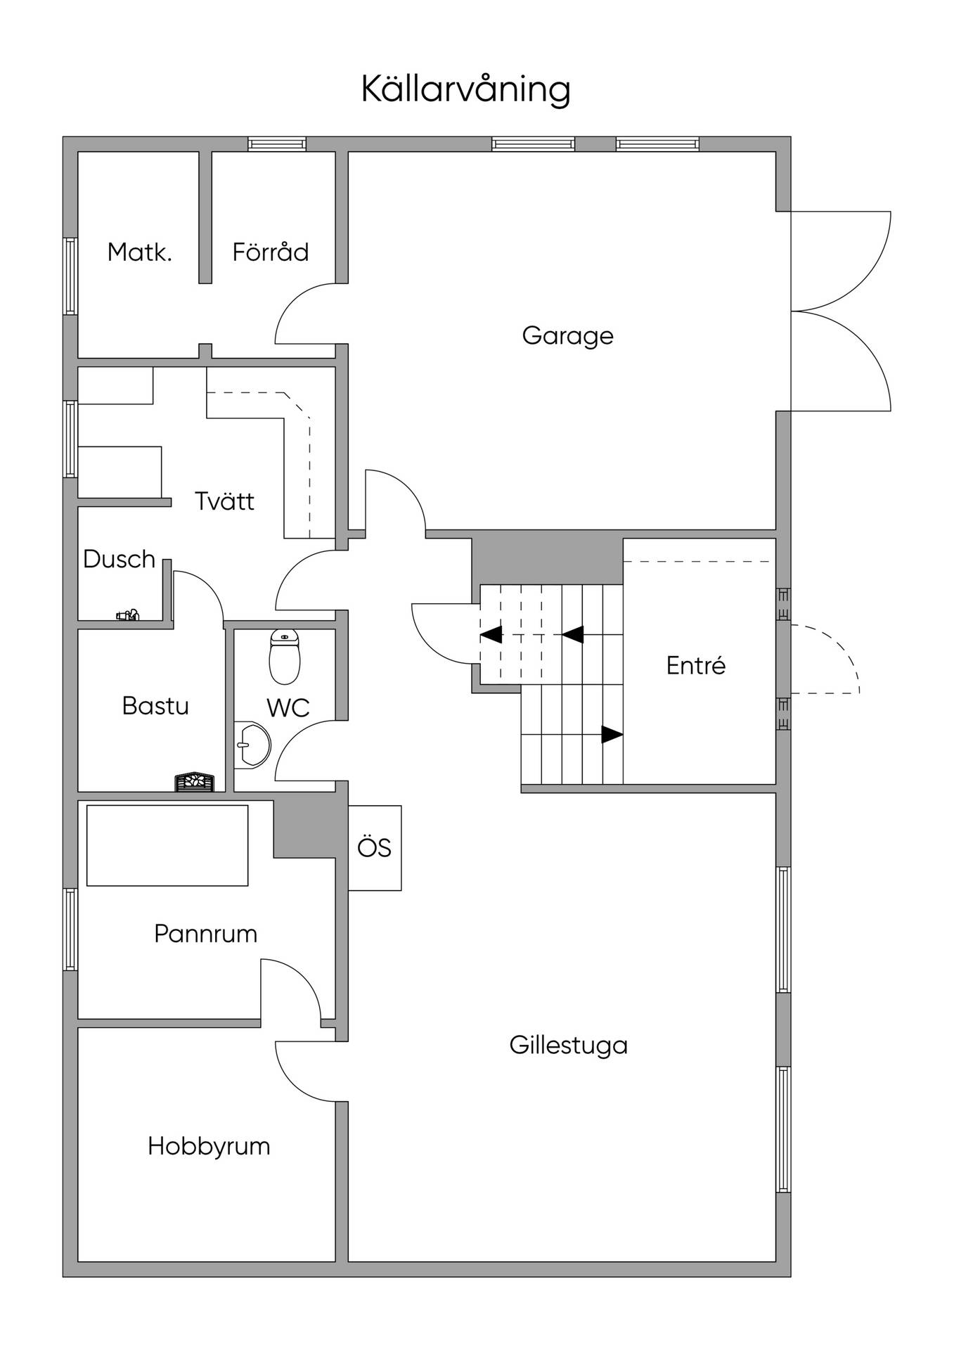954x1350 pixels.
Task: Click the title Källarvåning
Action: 465,89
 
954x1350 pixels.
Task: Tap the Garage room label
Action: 567,335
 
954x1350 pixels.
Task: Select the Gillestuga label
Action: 568,1045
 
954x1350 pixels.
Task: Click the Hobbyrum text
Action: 209,1147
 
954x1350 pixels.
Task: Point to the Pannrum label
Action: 205,934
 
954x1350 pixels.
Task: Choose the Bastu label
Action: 155,705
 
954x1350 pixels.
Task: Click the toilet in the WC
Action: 285,657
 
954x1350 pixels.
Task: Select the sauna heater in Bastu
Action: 195,782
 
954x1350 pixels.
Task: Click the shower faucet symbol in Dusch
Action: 128,615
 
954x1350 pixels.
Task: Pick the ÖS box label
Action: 374,848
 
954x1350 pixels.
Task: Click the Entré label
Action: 696,665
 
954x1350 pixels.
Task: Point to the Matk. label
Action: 139,252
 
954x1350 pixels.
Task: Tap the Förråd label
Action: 271,251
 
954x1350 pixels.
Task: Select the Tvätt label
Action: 224,501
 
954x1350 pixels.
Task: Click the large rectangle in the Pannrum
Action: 167,845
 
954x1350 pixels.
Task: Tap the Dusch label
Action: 119,559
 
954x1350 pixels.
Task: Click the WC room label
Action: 288,708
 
